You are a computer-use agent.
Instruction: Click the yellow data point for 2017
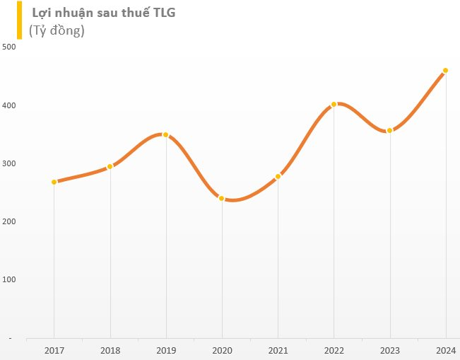pyautogui.click(x=54, y=182)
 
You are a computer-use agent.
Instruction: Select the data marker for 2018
pyautogui.click(x=110, y=167)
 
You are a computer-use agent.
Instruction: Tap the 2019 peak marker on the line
pyautogui.click(x=166, y=134)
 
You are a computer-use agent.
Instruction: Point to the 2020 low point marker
pyautogui.click(x=222, y=198)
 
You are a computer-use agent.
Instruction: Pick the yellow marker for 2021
pyautogui.click(x=278, y=176)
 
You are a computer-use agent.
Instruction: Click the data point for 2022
pyautogui.click(x=334, y=104)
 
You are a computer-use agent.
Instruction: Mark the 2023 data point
pyautogui.click(x=389, y=130)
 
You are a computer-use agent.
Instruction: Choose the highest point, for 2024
pyautogui.click(x=445, y=71)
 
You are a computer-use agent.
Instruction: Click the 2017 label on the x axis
pyautogui.click(x=54, y=349)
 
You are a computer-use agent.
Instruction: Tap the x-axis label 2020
pyautogui.click(x=222, y=349)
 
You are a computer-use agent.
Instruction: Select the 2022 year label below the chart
pyautogui.click(x=334, y=349)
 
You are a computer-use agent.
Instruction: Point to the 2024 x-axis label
pyautogui.click(x=445, y=349)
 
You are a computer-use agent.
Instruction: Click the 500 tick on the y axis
pyautogui.click(x=9, y=47)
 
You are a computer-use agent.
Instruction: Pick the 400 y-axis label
pyautogui.click(x=9, y=105)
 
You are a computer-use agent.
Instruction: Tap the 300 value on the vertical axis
pyautogui.click(x=9, y=163)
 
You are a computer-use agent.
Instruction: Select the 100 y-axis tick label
pyautogui.click(x=9, y=279)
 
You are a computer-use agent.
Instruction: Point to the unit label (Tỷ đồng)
pyautogui.click(x=57, y=30)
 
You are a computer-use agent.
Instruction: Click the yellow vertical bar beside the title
pyautogui.click(x=20, y=21)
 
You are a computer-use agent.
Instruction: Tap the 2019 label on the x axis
pyautogui.click(x=166, y=349)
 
